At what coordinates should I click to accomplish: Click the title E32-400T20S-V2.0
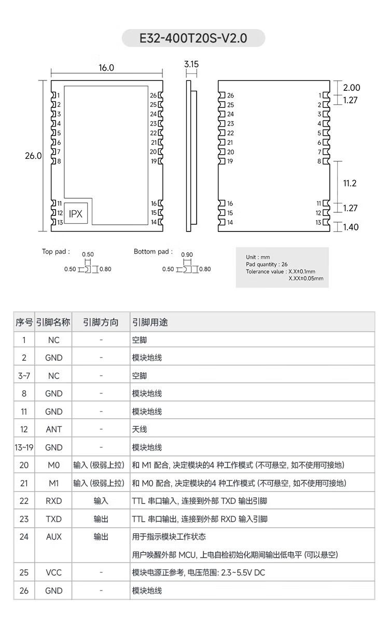pos(193,38)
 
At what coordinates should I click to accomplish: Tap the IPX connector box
pos(75,213)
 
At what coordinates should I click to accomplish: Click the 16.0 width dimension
pos(106,68)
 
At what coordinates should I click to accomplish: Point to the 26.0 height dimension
pos(33,156)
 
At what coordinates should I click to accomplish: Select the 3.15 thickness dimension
pos(191,64)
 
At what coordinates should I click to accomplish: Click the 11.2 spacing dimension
pos(350,183)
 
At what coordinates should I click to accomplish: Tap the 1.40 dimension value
pos(351,227)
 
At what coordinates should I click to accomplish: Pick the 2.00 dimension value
pos(351,88)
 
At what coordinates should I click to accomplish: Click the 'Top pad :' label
pos(55,252)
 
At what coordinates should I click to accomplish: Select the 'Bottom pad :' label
pos(153,252)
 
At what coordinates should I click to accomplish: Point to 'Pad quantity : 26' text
pos(267,264)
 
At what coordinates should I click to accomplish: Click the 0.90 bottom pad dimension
pos(187,255)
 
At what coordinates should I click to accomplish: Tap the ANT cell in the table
pos(53,429)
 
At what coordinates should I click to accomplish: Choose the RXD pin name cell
pos(53,501)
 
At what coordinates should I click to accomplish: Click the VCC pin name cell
pos(53,572)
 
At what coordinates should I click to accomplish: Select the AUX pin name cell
pos(53,537)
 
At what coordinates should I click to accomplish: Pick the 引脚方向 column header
pos(101,322)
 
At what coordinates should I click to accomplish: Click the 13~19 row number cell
pos(24,447)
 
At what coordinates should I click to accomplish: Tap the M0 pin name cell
pos(53,465)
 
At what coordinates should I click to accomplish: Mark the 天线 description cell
pos(140,429)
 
